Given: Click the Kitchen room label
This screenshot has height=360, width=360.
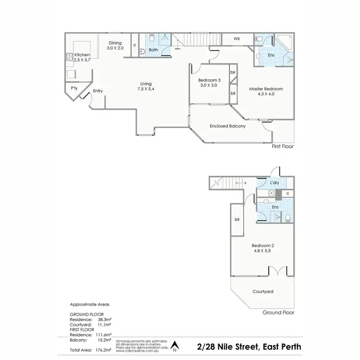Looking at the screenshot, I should click(x=82, y=55).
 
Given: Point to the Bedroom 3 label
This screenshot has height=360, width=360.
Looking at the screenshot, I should click(x=209, y=80).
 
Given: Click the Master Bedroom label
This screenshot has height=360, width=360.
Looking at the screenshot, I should click(x=265, y=89).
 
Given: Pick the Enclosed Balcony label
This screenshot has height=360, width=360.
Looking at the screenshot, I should click(x=228, y=126).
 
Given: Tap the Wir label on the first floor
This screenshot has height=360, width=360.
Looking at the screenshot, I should click(x=237, y=38).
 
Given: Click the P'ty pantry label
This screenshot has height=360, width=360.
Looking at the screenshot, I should click(x=74, y=88).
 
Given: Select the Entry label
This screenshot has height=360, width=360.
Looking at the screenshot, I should click(x=98, y=91).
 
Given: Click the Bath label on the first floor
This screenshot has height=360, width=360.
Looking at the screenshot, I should click(x=153, y=50).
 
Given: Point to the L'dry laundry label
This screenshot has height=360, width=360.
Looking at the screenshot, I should click(x=275, y=183).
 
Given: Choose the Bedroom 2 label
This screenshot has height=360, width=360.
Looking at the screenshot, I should click(x=264, y=245).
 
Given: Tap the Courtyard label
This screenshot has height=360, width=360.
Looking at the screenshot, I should click(x=263, y=291).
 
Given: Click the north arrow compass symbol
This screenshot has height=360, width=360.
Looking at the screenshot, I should click(x=175, y=345).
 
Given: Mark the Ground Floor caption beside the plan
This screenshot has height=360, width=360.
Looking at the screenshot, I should click(x=278, y=312).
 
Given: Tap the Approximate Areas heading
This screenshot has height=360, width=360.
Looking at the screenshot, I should click(x=89, y=305).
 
